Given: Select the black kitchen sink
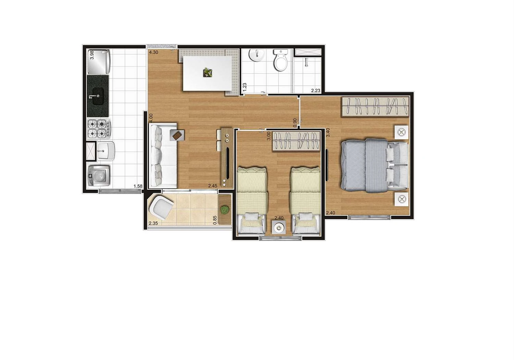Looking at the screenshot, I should [x=98, y=96].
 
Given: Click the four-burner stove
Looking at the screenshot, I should [x=98, y=128].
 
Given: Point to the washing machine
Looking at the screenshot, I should [x=99, y=176].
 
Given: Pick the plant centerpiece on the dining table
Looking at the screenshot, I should [x=207, y=72].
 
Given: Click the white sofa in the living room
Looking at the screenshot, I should [x=163, y=156].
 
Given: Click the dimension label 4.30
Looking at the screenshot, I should [x=153, y=52].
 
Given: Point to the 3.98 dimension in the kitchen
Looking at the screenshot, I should [x=91, y=55].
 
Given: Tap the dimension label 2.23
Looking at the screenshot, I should [x=316, y=91].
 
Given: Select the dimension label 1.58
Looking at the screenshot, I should [x=138, y=187].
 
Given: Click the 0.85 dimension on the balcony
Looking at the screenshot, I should [x=215, y=219].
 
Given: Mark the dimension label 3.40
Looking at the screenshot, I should [x=328, y=133].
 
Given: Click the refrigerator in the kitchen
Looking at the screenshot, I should [x=98, y=62].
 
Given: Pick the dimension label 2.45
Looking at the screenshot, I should [x=213, y=186].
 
